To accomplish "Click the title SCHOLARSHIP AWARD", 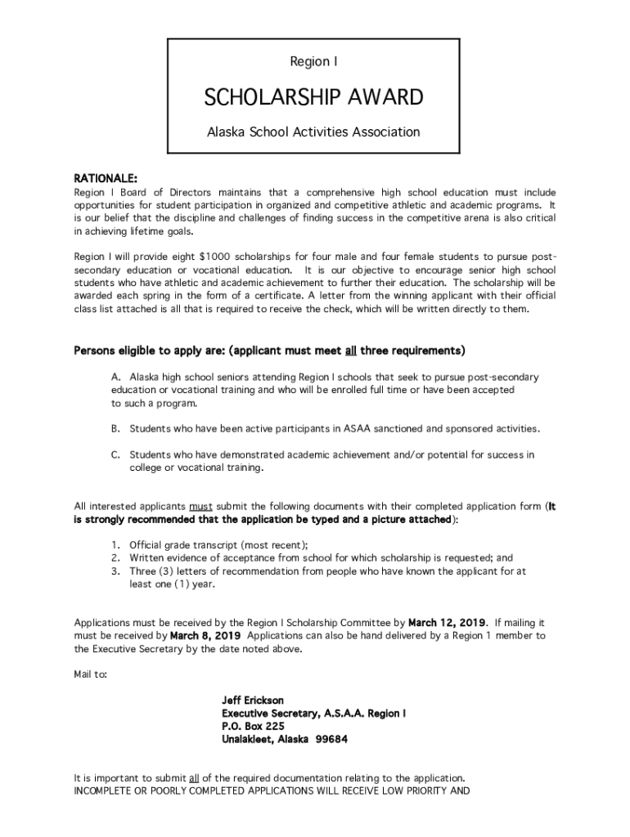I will point(313,98).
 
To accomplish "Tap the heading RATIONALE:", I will point(106,177).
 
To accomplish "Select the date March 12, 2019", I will point(448,622).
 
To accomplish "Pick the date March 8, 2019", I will point(206,635).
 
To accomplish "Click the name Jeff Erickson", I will point(253,700).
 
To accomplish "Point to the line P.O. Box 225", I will point(253,727).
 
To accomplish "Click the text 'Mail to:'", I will point(89,674).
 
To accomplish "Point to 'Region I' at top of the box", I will point(313,61).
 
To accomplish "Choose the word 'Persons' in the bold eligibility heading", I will point(96,351).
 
